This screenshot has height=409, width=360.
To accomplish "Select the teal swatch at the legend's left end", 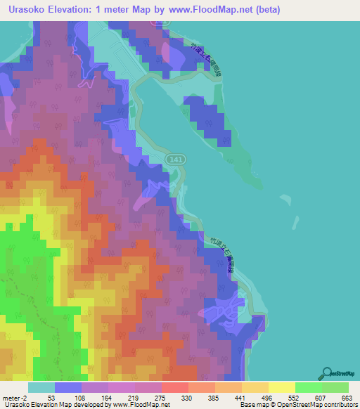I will pyautogui.click(x=41, y=387).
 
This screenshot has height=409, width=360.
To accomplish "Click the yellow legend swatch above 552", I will pyautogui.click(x=282, y=387).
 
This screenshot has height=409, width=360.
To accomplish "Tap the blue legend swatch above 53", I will pyautogui.click(x=67, y=387).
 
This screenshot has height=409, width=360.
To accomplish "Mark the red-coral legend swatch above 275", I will pyautogui.click(x=174, y=387).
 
